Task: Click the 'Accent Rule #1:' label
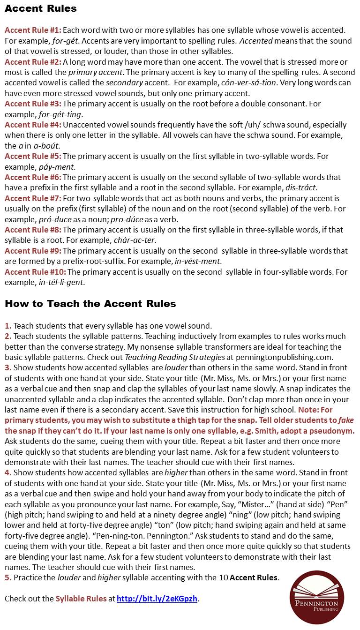(x=33, y=30)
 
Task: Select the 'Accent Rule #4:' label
(x=33, y=125)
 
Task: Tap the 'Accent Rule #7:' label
(x=33, y=198)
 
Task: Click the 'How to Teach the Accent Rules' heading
(x=90, y=304)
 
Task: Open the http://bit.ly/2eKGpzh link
(x=157, y=599)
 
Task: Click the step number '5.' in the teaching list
(x=8, y=578)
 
